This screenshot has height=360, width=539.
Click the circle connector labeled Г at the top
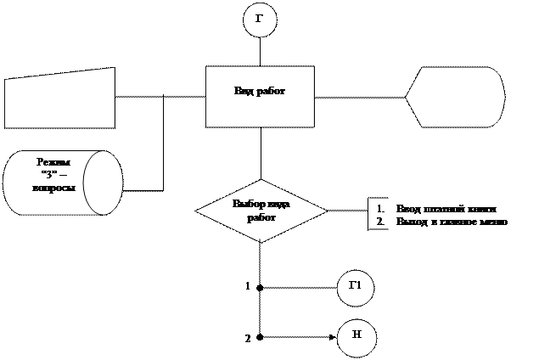260,21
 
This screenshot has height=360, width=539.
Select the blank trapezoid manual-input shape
60,98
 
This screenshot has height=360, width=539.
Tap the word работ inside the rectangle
271,92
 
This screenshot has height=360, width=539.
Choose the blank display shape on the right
455,96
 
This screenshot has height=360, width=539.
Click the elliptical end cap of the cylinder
103,183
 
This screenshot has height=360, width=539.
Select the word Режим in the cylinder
53,161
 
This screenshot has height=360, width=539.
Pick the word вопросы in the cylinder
53,187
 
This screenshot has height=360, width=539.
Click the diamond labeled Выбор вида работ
261,210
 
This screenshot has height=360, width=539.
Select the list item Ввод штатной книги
446,209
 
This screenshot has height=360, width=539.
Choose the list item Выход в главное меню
451,222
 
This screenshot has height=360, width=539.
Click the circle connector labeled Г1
355,286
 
